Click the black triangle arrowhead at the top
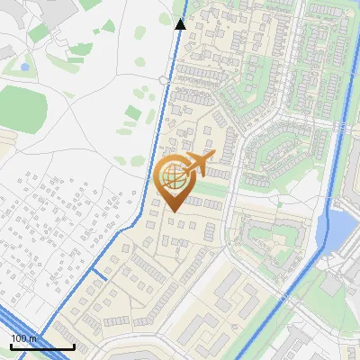click(x=180, y=23)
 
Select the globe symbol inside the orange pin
click(x=174, y=177)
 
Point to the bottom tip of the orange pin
click(x=174, y=212)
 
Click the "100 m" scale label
click(x=24, y=338)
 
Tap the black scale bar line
click(x=42, y=346)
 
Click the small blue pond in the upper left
click(x=24, y=67)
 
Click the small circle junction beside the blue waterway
click(x=164, y=80)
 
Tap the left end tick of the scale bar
click(x=12, y=346)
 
